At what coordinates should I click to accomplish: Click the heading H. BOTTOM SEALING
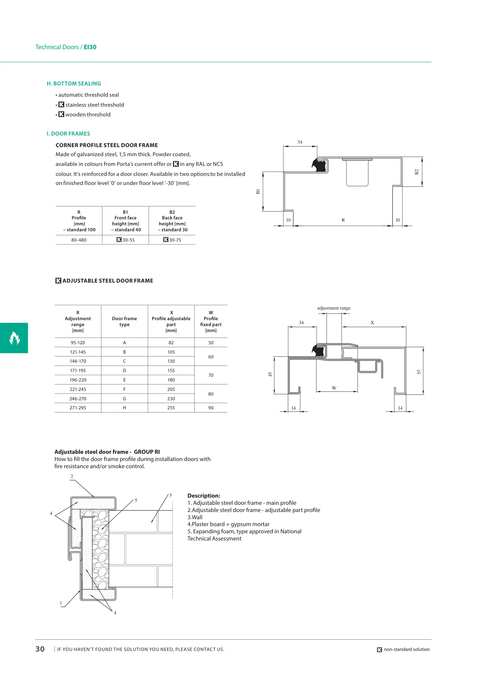74,84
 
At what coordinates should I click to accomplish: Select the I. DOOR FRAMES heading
68,134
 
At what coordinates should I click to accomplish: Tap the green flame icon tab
14,338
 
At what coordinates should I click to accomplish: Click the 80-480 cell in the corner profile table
79,240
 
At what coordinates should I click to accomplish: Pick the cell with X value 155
171,371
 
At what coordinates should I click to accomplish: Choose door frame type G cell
124,399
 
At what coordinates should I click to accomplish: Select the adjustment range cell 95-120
78,343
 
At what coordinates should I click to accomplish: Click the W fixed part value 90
211,408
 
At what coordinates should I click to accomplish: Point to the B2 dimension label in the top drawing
416,172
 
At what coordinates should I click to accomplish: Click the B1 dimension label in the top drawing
258,191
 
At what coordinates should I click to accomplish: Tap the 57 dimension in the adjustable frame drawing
419,372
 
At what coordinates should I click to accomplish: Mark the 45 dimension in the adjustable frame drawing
270,374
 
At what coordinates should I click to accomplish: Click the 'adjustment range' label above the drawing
334,308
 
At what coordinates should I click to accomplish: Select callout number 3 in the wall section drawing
170,495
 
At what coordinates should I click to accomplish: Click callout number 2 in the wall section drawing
72,476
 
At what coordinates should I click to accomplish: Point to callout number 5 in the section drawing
136,500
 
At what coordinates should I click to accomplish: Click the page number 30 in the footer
40,649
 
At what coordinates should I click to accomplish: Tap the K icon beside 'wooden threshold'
61,115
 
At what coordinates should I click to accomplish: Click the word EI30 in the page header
90,47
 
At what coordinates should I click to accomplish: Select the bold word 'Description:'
204,496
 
